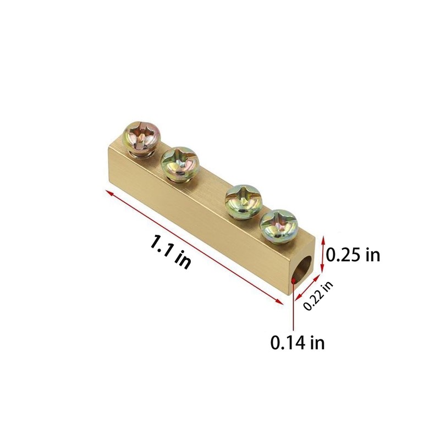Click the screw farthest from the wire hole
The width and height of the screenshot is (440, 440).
pyautogui.click(x=142, y=137)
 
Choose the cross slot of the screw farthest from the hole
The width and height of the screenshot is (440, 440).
pyautogui.click(x=142, y=134)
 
